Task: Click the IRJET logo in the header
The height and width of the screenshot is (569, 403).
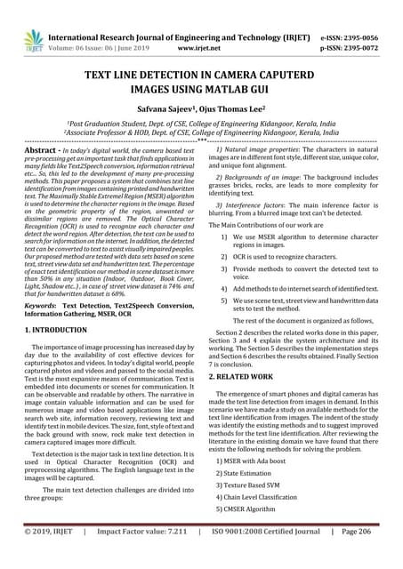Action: tap(34, 38)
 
